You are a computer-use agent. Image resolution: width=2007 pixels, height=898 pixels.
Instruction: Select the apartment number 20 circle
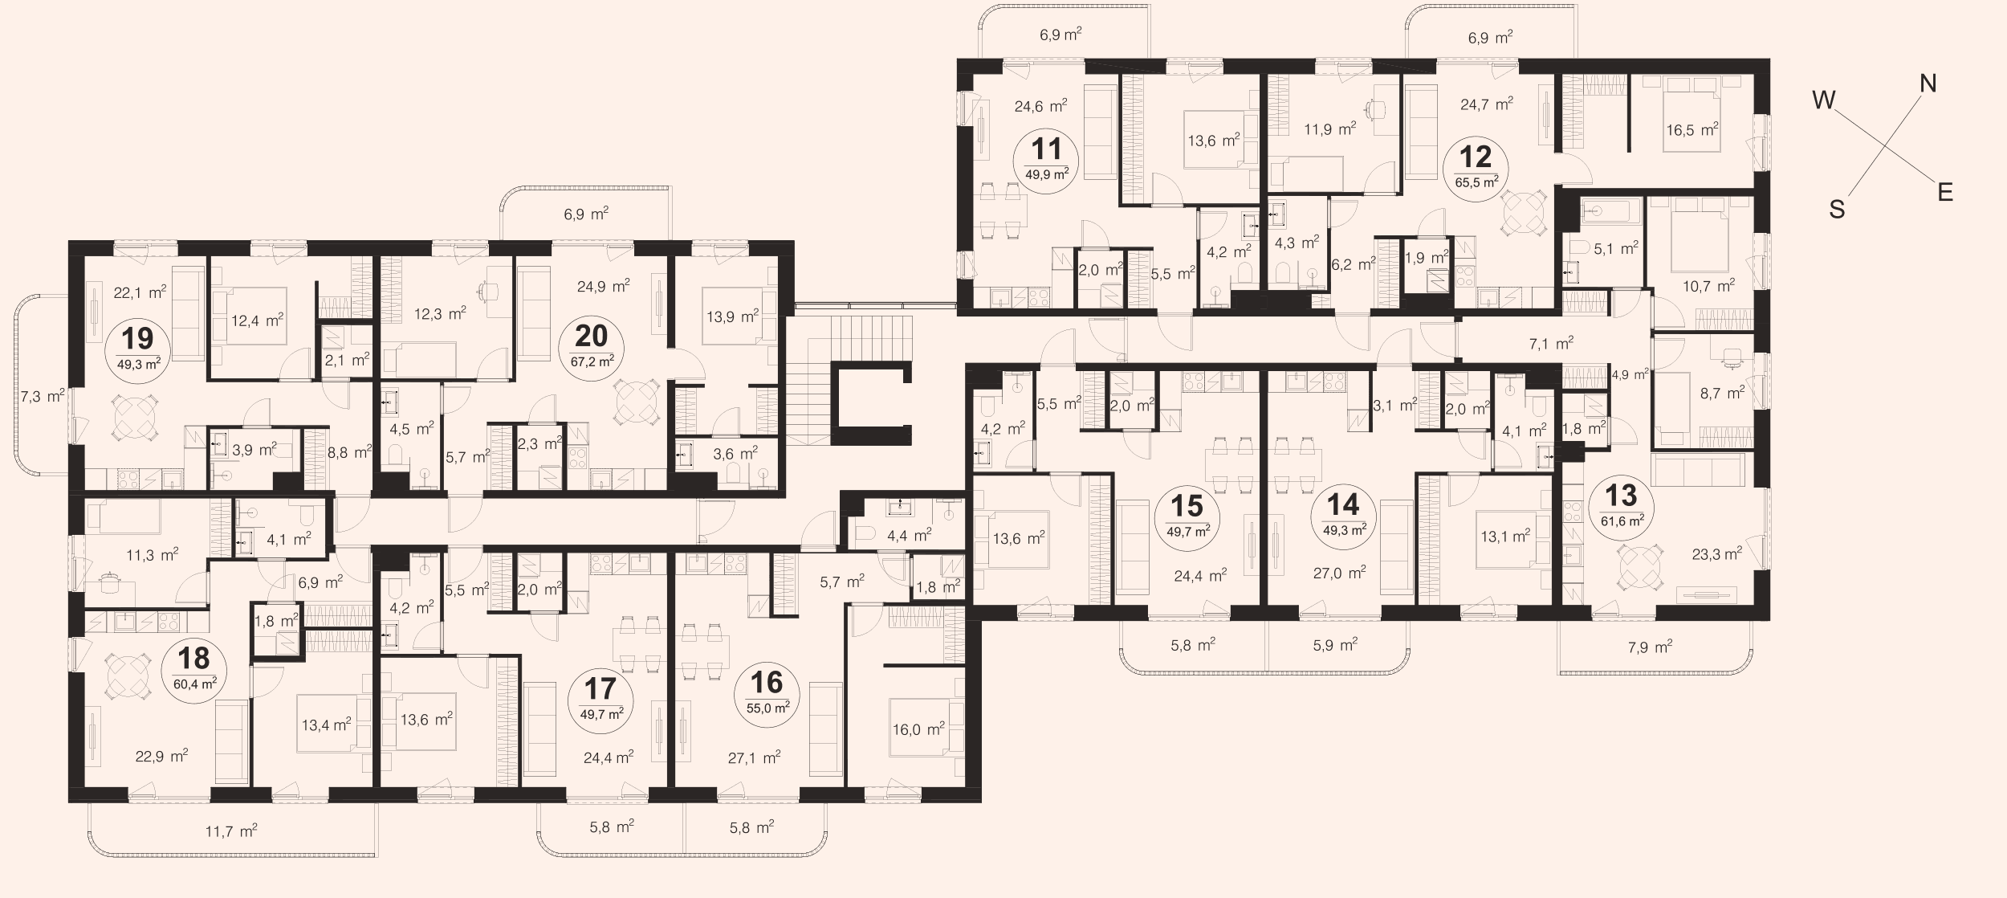pos(592,347)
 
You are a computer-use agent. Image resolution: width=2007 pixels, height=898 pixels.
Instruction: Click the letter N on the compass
pos(1928,84)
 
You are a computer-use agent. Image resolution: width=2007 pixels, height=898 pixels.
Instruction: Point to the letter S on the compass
pos(1837,210)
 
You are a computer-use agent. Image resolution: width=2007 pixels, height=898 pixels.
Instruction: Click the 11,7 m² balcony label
pos(231,831)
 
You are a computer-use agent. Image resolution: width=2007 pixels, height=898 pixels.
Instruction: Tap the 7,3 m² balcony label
pos(43,395)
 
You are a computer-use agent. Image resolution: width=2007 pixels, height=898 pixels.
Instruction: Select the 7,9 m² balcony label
pos(1650,647)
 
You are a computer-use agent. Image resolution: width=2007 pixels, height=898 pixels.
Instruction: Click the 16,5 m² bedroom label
pos(1691,129)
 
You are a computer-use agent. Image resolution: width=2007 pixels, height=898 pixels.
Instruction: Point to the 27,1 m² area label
pos(754,757)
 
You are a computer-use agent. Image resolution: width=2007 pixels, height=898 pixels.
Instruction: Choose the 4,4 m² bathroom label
pos(908,533)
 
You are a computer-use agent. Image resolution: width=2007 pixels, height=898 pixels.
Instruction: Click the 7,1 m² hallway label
pos(1551,344)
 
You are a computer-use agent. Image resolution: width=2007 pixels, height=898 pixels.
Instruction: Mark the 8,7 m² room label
pos(1722,394)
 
